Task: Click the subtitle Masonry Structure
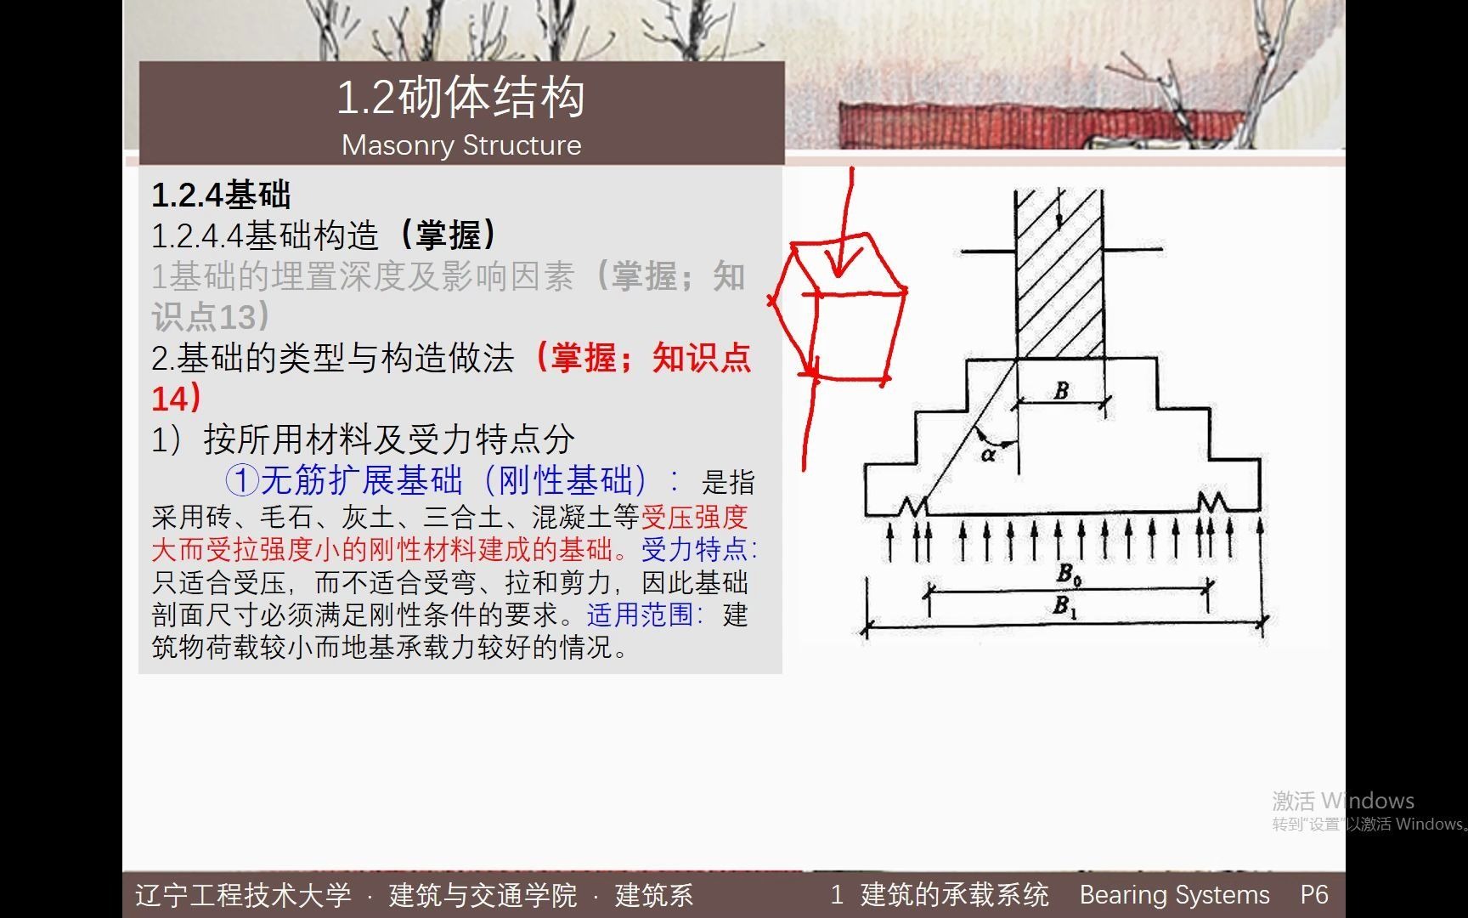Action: [x=461, y=145]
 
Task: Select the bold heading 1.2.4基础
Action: [x=221, y=195]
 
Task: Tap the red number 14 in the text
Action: [x=170, y=399]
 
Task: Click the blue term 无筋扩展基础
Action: [x=362, y=480]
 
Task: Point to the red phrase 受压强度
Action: [x=695, y=517]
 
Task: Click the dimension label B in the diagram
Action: [x=1061, y=391]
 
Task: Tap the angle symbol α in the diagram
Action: [x=987, y=455]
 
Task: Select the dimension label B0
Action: [x=1068, y=575]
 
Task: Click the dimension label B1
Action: [x=1064, y=606]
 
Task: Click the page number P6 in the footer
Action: [x=1313, y=894]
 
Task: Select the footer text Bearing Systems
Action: [x=1174, y=894]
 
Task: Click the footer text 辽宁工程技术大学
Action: [x=243, y=895]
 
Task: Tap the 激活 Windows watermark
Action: [x=1342, y=801]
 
